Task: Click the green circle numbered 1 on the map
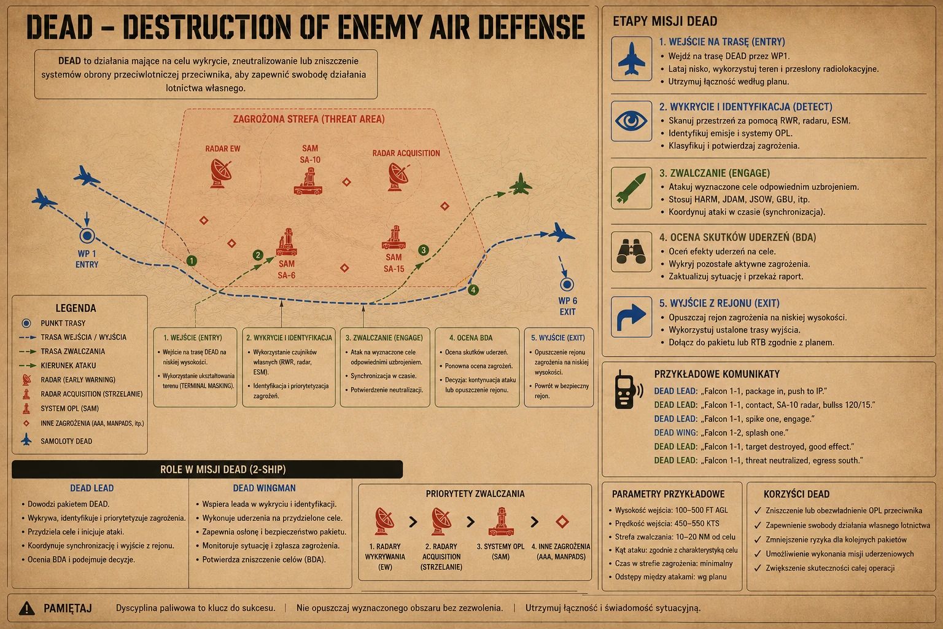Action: pos(192,261)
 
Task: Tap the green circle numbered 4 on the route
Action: pos(473,290)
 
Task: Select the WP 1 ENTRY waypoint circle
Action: pos(87,235)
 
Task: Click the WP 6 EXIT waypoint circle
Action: pos(567,285)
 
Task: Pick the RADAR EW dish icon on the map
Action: pos(220,173)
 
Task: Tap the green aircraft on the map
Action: pos(521,184)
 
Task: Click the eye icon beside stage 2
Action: pos(631,121)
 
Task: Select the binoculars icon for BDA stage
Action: pos(631,251)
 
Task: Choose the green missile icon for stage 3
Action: pos(631,189)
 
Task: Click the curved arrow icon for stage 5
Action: pos(631,317)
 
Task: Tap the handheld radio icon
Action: pos(627,389)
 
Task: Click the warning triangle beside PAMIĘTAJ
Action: pos(27,608)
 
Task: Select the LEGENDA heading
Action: pos(76,308)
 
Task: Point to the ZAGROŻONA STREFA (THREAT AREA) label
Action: pos(309,119)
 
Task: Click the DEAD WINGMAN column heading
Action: pos(265,488)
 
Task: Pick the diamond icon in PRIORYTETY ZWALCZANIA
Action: pos(562,522)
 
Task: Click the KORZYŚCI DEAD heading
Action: pos(796,494)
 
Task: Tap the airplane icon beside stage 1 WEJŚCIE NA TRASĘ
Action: pos(631,59)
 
